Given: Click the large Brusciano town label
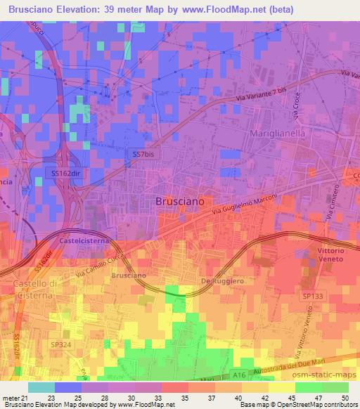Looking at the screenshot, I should point(179,200).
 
